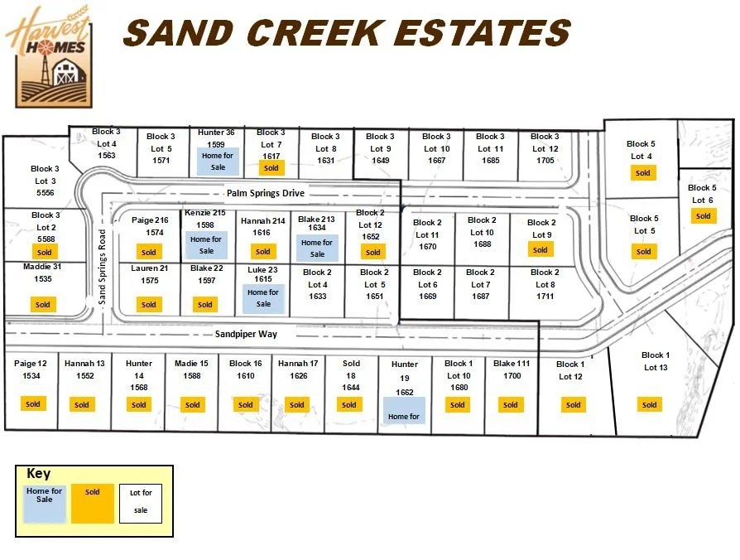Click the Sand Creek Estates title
(347, 33)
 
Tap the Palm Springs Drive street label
(265, 193)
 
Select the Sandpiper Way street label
(246, 334)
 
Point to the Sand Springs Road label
(103, 268)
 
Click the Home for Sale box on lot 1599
(218, 161)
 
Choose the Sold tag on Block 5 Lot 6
(703, 216)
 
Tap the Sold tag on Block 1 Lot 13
(650, 404)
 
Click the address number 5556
(46, 192)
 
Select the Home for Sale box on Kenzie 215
(206, 245)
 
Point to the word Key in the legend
(39, 475)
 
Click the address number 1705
(545, 161)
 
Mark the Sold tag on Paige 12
(32, 404)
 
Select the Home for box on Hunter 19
(403, 411)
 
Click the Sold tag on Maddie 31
(42, 304)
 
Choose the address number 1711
(545, 296)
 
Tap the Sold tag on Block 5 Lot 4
(642, 173)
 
